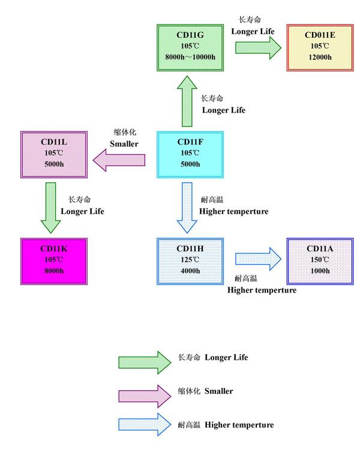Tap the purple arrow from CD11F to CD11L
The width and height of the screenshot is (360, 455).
(119, 159)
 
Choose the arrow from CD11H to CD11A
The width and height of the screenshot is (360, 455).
(257, 259)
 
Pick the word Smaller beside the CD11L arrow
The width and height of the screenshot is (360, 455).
(124, 144)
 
